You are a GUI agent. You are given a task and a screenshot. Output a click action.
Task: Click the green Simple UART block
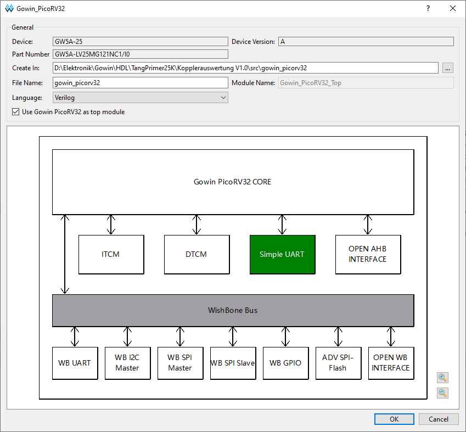pos(282,255)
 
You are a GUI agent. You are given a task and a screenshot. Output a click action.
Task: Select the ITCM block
pos(111,255)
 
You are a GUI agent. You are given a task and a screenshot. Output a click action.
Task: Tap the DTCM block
pos(196,255)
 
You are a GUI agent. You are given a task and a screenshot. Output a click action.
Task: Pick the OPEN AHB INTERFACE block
pos(368,255)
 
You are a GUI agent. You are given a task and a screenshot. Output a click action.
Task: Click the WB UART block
pos(75,363)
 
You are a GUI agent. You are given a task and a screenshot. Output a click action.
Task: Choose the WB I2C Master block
pos(127,363)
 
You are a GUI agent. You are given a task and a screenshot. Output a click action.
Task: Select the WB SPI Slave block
pos(233,363)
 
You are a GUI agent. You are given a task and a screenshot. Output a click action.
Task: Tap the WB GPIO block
pos(285,363)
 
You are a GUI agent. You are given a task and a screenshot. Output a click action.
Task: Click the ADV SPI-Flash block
pos(338,363)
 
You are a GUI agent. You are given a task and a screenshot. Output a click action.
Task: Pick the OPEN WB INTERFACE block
pos(391,363)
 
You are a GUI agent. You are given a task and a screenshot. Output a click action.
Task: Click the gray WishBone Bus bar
pos(233,310)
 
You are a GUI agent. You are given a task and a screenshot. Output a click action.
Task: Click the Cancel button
pos(439,419)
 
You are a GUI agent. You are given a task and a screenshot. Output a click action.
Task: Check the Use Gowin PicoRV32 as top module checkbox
pos(16,112)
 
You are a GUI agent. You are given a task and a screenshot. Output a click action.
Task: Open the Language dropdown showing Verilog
pos(141,98)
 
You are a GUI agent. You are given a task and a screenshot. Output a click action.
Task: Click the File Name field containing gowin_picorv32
pos(141,83)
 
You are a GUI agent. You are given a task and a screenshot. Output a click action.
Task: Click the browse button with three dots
pos(447,68)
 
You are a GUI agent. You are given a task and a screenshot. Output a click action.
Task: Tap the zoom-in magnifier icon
pos(442,378)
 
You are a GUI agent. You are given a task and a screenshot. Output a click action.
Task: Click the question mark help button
pos(428,8)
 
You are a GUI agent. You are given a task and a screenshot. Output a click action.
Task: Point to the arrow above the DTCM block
pos(196,225)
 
